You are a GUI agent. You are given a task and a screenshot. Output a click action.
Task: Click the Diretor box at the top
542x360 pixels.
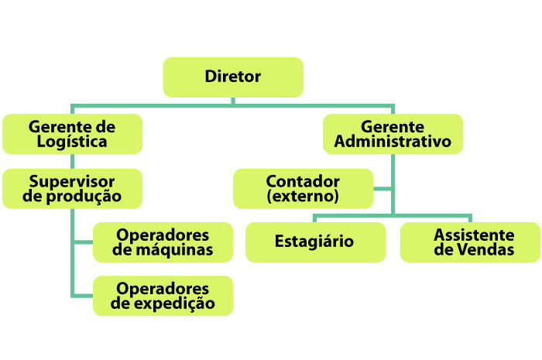[x=232, y=77]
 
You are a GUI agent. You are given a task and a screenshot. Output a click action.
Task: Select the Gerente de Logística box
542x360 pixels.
[x=72, y=133]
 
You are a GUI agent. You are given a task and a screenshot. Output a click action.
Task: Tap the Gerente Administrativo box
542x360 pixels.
[x=393, y=133]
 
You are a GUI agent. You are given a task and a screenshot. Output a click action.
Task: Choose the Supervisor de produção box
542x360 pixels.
[x=72, y=188]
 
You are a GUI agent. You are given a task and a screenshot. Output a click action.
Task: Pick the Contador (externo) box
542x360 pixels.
[x=303, y=188]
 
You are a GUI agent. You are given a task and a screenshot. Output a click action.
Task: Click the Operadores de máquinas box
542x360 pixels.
[x=163, y=242]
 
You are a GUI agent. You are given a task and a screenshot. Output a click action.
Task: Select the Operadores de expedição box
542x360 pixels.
[x=163, y=296]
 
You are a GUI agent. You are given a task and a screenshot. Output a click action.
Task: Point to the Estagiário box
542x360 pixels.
[x=314, y=242]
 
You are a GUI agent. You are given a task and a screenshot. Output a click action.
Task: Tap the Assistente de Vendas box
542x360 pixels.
[x=470, y=242]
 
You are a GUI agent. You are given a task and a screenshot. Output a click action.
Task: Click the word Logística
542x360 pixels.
[x=73, y=142]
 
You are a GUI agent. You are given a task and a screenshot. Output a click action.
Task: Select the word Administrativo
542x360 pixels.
[x=393, y=142]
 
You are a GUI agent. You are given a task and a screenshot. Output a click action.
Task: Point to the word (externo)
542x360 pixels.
[x=303, y=197]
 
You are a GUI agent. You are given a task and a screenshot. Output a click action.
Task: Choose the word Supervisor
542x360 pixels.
[x=73, y=180]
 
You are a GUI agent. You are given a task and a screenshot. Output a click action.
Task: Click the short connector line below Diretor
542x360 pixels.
[x=233, y=101]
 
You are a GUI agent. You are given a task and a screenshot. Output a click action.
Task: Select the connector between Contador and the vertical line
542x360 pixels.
[x=382, y=188]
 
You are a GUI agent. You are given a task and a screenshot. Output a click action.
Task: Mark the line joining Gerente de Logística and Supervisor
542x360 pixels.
[x=72, y=160]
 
